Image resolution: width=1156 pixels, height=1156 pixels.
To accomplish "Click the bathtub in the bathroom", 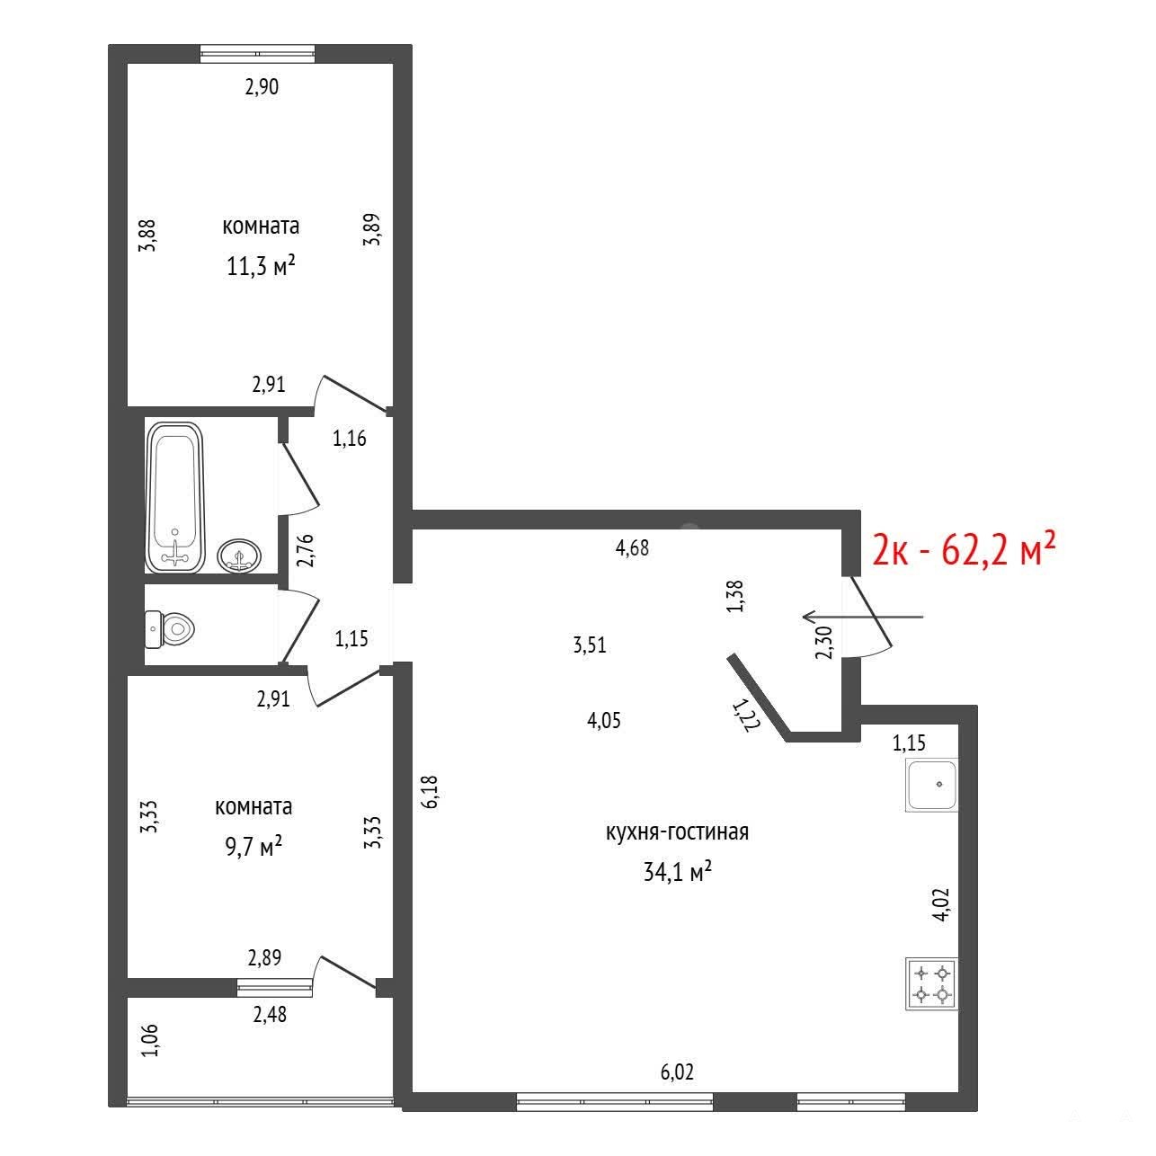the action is pyautogui.click(x=175, y=497).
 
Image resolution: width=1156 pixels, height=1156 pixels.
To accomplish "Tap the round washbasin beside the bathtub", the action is pyautogui.click(x=239, y=555).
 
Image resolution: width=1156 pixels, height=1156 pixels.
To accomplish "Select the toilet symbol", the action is pyautogui.click(x=170, y=629).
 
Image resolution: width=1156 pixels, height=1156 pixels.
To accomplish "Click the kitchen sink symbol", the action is pyautogui.click(x=931, y=785).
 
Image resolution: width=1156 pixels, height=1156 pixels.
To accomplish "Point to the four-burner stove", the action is pyautogui.click(x=931, y=991).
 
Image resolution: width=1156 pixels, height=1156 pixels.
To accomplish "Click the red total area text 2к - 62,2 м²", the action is pyautogui.click(x=964, y=550).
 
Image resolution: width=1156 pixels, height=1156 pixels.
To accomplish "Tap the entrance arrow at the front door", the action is pyautogui.click(x=863, y=616).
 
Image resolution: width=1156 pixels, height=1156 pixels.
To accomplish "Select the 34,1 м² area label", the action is pyautogui.click(x=677, y=872).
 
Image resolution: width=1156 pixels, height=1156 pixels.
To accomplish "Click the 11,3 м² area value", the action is pyautogui.click(x=261, y=265).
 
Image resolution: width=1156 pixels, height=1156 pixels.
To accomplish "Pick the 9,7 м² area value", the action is pyautogui.click(x=253, y=848).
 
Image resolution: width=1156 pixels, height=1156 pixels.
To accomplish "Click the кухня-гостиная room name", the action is pyautogui.click(x=677, y=832).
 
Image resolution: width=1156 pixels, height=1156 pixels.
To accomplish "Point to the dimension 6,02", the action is pyautogui.click(x=677, y=1072).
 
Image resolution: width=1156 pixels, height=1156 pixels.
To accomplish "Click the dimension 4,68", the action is pyautogui.click(x=632, y=547).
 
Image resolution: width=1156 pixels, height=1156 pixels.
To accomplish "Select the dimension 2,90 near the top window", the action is pyautogui.click(x=262, y=87).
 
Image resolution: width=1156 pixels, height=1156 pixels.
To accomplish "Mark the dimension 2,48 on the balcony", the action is pyautogui.click(x=270, y=1015).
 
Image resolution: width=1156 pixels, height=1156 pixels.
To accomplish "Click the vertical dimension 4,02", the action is pyautogui.click(x=942, y=904).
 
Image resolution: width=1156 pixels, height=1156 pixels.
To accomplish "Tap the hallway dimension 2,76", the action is pyautogui.click(x=306, y=551).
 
